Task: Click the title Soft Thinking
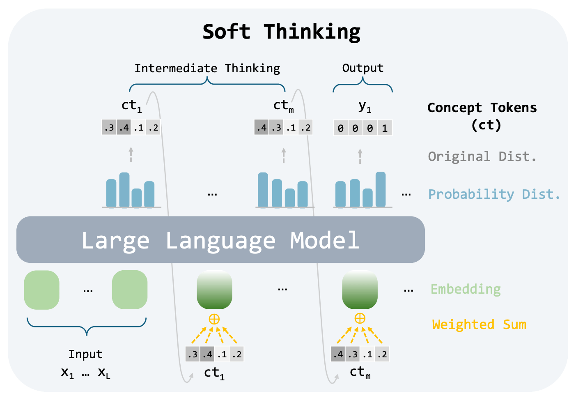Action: pyautogui.click(x=281, y=32)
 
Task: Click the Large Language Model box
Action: pyautogui.click(x=220, y=240)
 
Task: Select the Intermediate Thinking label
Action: pyautogui.click(x=207, y=68)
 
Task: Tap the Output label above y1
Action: pyautogui.click(x=363, y=68)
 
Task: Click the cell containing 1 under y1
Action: pyautogui.click(x=385, y=128)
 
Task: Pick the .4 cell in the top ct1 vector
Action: pyautogui.click(x=124, y=128)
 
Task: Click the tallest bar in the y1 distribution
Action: pyautogui.click(x=381, y=189)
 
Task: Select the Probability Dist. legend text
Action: pyautogui.click(x=494, y=194)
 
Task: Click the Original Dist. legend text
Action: pyautogui.click(x=482, y=156)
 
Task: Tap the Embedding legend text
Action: pyautogui.click(x=466, y=289)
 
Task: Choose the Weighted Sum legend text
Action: pyautogui.click(x=479, y=324)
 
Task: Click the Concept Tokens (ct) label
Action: pyautogui.click(x=482, y=115)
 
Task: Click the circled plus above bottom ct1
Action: pyautogui.click(x=214, y=319)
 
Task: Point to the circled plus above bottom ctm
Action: pyautogui.click(x=360, y=318)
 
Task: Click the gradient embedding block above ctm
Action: pyautogui.click(x=360, y=290)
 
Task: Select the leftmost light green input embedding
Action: pyautogui.click(x=42, y=290)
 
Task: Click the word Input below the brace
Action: pyautogui.click(x=85, y=354)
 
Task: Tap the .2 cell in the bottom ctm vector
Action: pyautogui.click(x=382, y=354)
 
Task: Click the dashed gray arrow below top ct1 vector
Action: pyautogui.click(x=131, y=155)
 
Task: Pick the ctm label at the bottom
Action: pyautogui.click(x=360, y=373)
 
